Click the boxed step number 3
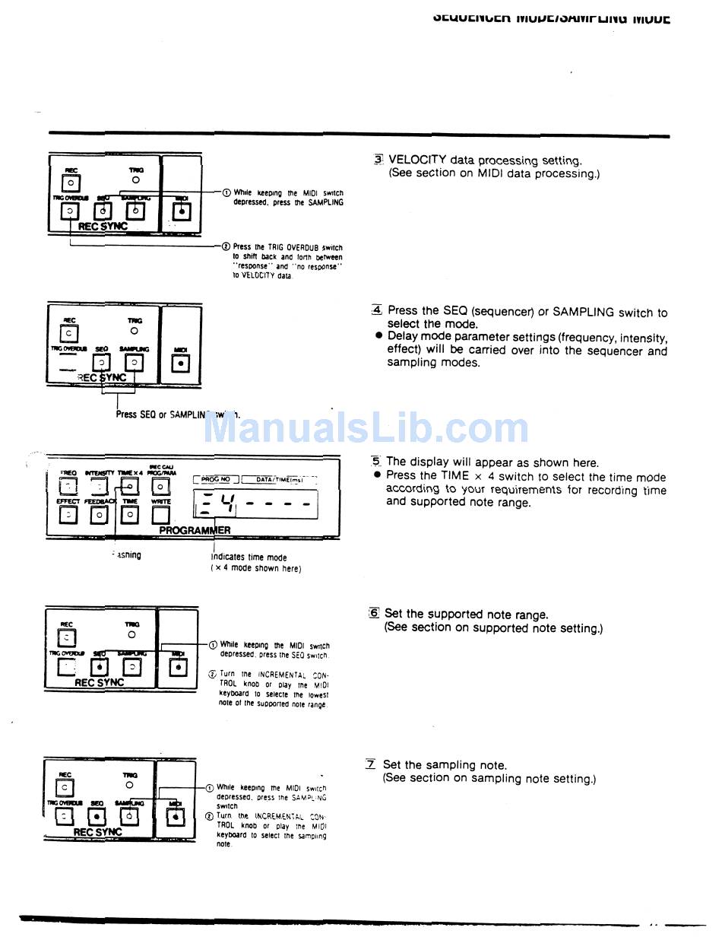378,160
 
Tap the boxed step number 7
371,764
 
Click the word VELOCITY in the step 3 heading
417,160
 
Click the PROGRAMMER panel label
195,530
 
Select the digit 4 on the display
227,503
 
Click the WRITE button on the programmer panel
160,515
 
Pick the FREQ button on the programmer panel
68,487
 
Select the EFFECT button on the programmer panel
68,515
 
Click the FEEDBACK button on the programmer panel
99,515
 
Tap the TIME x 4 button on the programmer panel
130,487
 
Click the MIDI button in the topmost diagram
181,211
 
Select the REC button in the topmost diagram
70,183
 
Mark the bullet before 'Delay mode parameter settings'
378,336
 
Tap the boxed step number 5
375,462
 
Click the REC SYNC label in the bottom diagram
97,832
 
